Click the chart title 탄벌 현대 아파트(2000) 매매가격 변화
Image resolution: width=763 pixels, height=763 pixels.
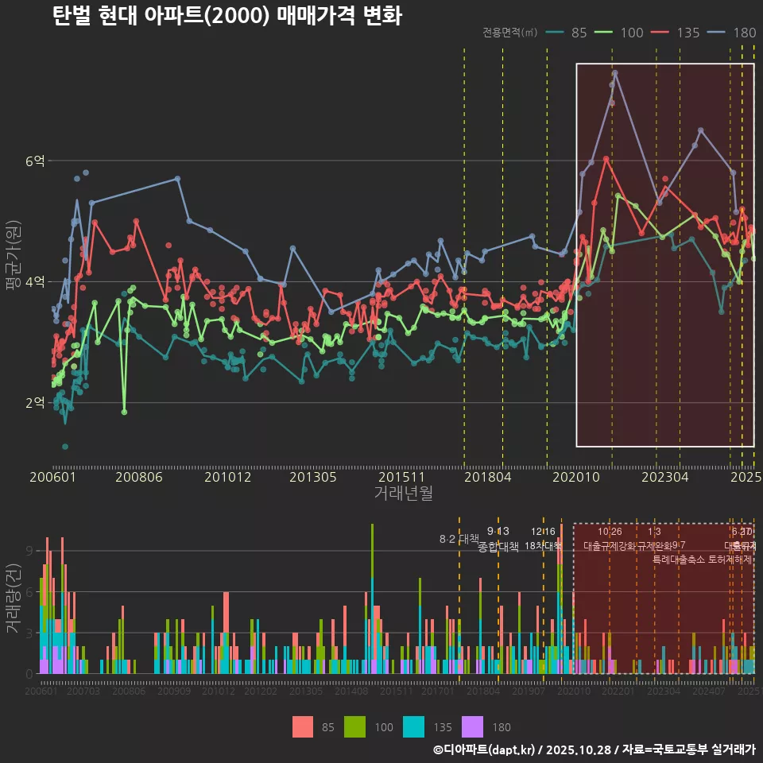point(227,17)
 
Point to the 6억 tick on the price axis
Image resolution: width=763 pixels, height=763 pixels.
point(35,161)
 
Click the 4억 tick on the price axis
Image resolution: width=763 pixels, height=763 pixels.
point(35,282)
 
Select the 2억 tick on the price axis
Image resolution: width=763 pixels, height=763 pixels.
point(35,403)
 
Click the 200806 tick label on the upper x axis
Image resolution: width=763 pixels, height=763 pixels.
point(138,478)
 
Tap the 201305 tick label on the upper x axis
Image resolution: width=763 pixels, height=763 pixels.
point(312,478)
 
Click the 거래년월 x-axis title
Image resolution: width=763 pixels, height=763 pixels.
point(403,494)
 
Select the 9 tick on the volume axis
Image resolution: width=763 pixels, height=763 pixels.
point(29,551)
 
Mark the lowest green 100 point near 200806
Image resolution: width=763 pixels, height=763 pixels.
point(124,412)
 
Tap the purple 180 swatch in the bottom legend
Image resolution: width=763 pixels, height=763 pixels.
point(472,726)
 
